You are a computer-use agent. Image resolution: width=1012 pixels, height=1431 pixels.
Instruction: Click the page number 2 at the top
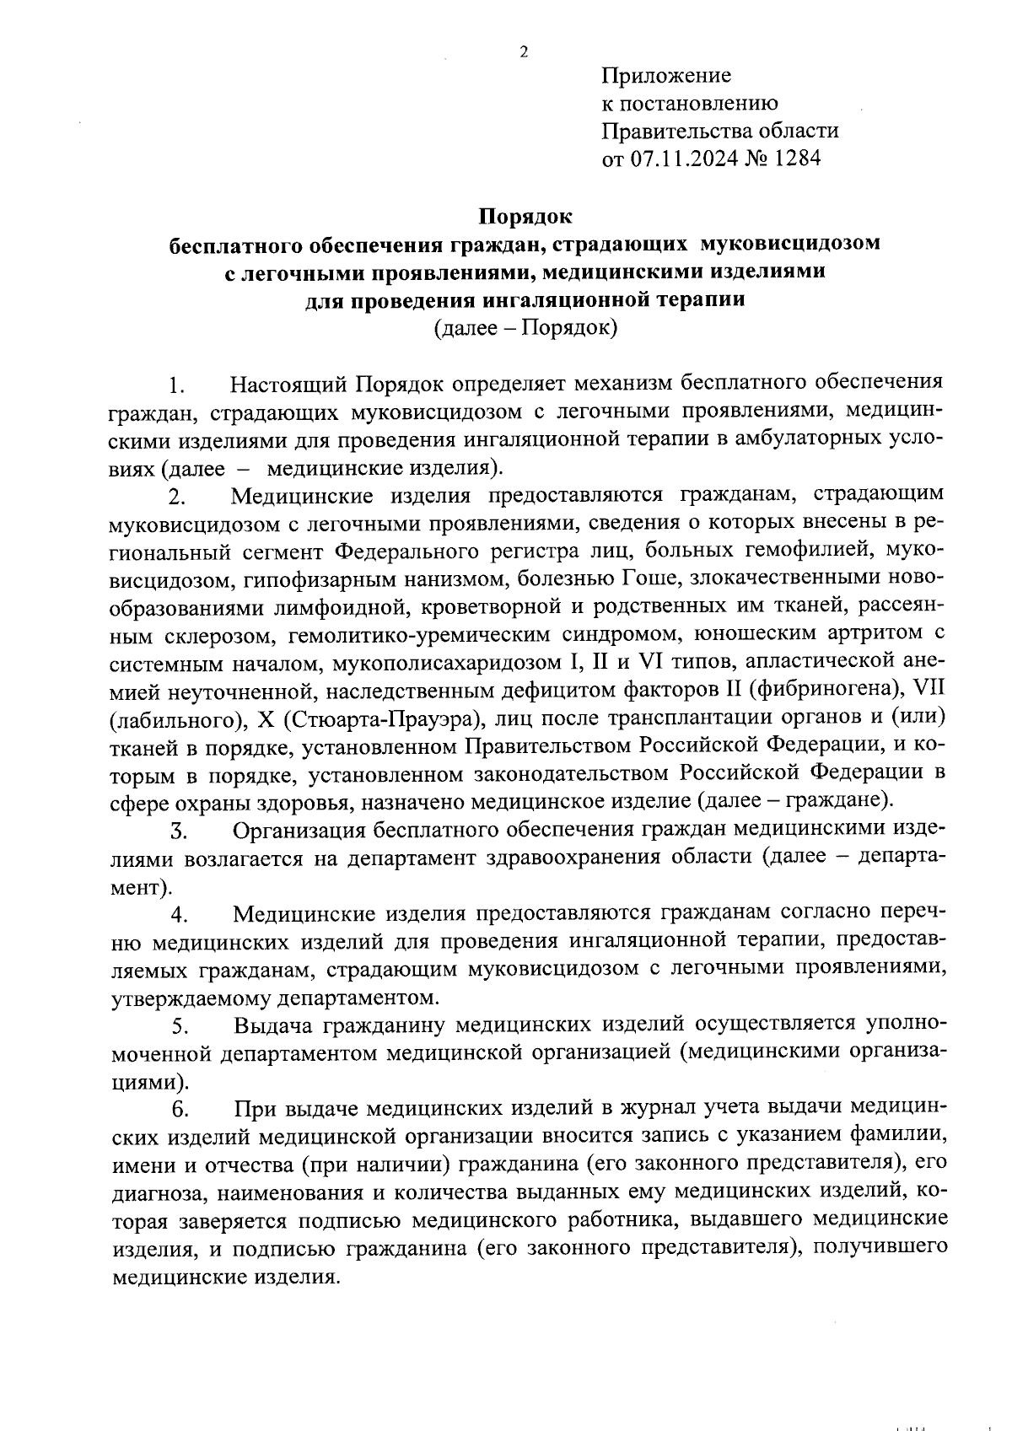pos(524,52)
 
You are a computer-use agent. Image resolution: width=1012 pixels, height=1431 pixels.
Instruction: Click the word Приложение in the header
pos(666,76)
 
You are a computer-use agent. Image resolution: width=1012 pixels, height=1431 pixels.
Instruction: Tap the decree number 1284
pos(798,159)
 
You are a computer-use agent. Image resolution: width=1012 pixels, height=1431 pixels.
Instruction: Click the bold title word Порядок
pos(525,217)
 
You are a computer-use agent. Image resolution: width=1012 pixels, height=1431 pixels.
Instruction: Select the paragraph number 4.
pos(178,915)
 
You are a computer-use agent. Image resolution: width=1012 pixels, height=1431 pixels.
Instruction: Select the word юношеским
pos(762,633)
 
